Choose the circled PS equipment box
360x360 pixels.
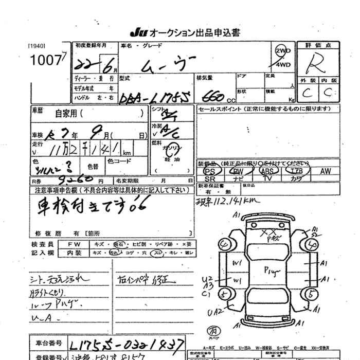tap(209, 172)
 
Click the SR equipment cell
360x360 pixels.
tap(209, 178)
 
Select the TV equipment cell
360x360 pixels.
tap(267, 178)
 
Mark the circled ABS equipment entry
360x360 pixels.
tap(267, 172)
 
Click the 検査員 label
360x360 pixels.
tap(42, 244)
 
